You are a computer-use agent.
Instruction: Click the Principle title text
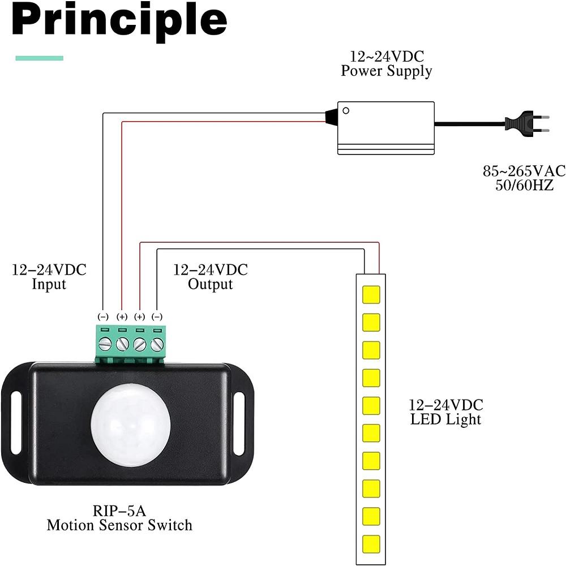[119, 22]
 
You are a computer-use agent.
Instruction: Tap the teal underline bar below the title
[39, 58]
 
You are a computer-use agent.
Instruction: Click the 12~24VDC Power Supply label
[386, 64]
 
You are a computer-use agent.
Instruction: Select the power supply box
[386, 128]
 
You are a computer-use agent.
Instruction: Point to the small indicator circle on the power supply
[346, 111]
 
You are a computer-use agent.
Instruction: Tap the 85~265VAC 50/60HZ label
[524, 178]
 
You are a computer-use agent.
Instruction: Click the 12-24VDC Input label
[49, 277]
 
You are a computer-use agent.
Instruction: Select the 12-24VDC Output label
[211, 277]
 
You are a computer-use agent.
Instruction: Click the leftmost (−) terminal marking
[104, 317]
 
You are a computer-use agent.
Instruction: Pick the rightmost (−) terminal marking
[157, 317]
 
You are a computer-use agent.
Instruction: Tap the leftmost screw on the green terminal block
[104, 344]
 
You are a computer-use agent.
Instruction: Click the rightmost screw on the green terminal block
[157, 344]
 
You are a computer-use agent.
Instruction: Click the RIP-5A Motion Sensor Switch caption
[119, 518]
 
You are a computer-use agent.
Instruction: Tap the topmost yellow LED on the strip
[371, 295]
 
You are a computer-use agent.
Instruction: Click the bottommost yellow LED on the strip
[371, 542]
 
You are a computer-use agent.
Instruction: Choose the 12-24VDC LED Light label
[446, 412]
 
